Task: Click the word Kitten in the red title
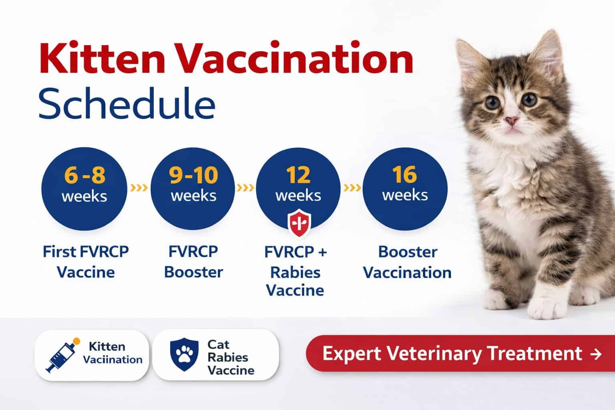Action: pyautogui.click(x=102, y=58)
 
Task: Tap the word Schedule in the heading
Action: pyautogui.click(x=127, y=104)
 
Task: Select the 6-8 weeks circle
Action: pyautogui.click(x=84, y=189)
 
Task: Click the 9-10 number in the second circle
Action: pyautogui.click(x=193, y=175)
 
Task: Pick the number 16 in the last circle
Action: pyautogui.click(x=404, y=175)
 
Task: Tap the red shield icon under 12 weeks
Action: pyautogui.click(x=299, y=223)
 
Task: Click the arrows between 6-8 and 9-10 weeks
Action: pyautogui.click(x=139, y=188)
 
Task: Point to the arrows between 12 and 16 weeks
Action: pyautogui.click(x=352, y=188)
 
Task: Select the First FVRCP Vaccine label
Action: pyautogui.click(x=86, y=262)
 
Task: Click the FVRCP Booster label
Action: pyautogui.click(x=193, y=262)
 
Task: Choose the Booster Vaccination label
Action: pyautogui.click(x=407, y=262)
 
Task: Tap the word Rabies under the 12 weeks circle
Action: pyautogui.click(x=295, y=273)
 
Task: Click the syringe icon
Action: pyautogui.click(x=62, y=356)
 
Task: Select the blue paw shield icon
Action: pyautogui.click(x=184, y=354)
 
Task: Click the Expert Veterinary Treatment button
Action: pyautogui.click(x=460, y=354)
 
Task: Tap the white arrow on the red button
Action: pyautogui.click(x=596, y=354)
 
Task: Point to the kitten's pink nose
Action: pyautogui.click(x=511, y=120)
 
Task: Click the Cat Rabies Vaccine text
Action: pyautogui.click(x=231, y=357)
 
